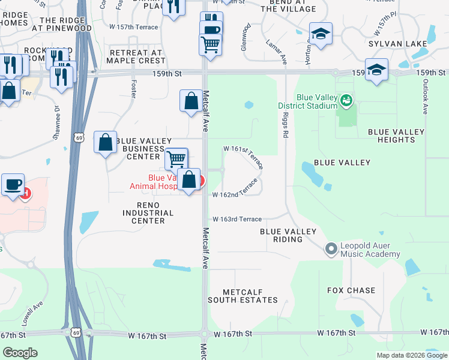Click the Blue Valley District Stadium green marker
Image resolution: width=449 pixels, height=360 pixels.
coord(345,99)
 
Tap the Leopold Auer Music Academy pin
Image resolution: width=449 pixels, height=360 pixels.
coord(331,248)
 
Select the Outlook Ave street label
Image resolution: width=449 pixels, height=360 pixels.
coord(424,97)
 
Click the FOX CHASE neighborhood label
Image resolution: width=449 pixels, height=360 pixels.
coord(351,290)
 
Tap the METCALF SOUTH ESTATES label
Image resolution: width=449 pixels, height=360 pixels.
coord(243,295)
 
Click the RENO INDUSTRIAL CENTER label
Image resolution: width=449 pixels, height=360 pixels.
coord(148,213)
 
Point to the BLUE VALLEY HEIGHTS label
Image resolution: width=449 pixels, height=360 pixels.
coord(396,136)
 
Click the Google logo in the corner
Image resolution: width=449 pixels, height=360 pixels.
coord(20,352)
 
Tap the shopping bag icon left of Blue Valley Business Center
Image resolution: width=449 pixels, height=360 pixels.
coord(106,143)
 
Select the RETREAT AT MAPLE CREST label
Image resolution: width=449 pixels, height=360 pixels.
coord(136,56)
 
